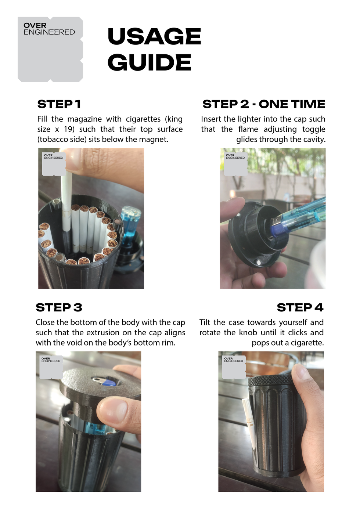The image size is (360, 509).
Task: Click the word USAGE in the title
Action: (154, 36)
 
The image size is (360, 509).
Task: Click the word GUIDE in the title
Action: (149, 62)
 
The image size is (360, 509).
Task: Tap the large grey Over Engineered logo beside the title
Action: (50, 49)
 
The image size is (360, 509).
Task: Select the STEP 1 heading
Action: (59, 104)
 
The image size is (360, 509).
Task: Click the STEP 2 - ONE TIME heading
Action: (264, 104)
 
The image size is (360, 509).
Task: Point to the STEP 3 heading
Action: (59, 307)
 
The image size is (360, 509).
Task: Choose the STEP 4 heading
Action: (300, 307)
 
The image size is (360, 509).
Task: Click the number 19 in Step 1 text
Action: (68, 129)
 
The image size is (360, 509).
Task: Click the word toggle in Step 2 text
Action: (314, 129)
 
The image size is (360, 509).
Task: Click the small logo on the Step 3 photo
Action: (51, 367)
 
